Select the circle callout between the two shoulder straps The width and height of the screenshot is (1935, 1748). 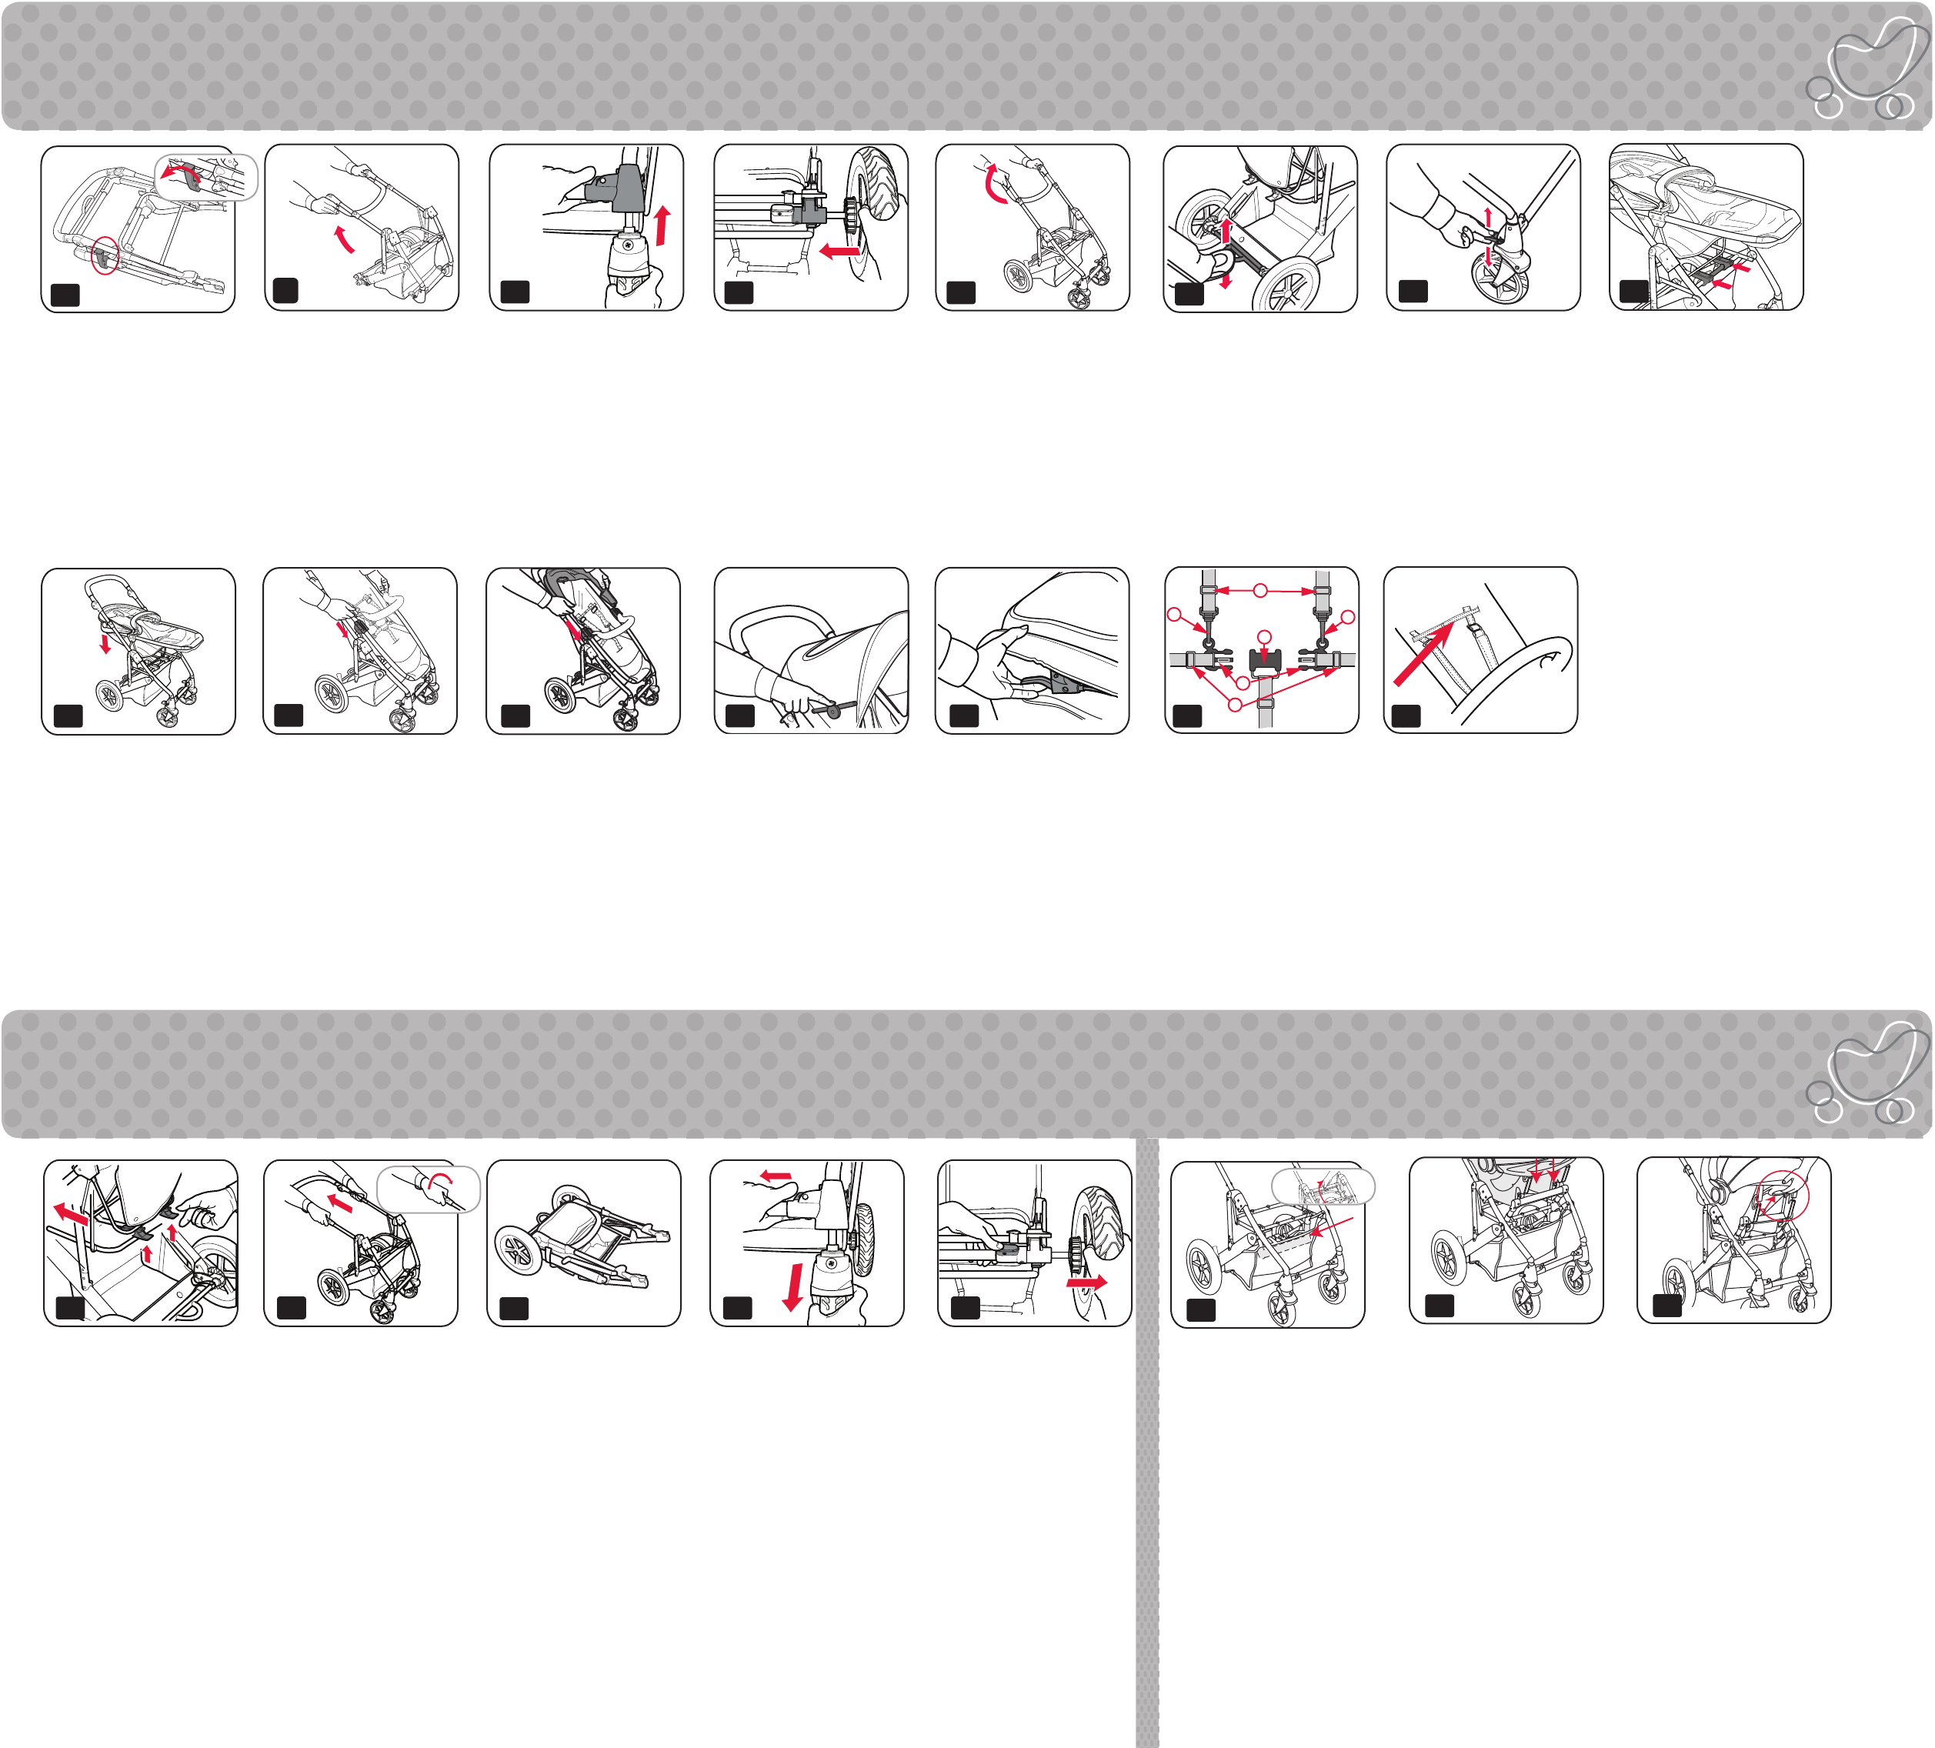pos(1260,590)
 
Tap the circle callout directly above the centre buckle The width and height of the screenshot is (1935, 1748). pos(1265,636)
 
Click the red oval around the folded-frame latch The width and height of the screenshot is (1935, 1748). pos(105,255)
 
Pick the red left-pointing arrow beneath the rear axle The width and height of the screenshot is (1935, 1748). pos(840,252)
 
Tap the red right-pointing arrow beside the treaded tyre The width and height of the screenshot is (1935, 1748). pos(1086,1283)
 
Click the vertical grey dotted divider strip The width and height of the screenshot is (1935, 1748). pos(1147,1439)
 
